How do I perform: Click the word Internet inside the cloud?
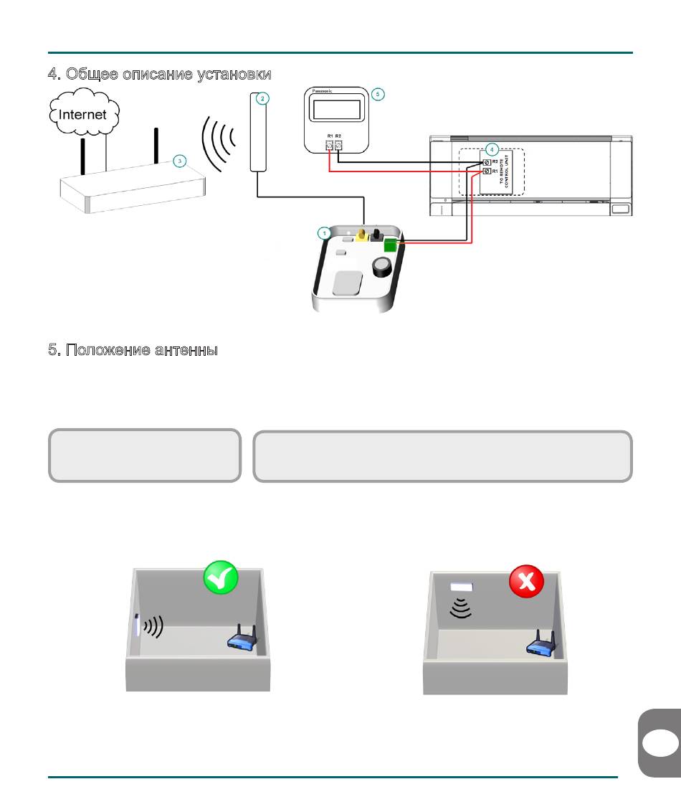(x=82, y=114)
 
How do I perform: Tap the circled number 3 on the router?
(x=180, y=161)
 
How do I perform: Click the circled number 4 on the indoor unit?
(x=490, y=149)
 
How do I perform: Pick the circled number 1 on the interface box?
(x=324, y=232)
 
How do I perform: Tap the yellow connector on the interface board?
(x=362, y=235)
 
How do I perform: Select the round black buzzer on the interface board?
(x=381, y=268)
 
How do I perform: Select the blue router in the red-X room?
(x=543, y=643)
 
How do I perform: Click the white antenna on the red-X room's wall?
(x=461, y=587)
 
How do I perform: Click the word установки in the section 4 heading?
(x=232, y=75)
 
